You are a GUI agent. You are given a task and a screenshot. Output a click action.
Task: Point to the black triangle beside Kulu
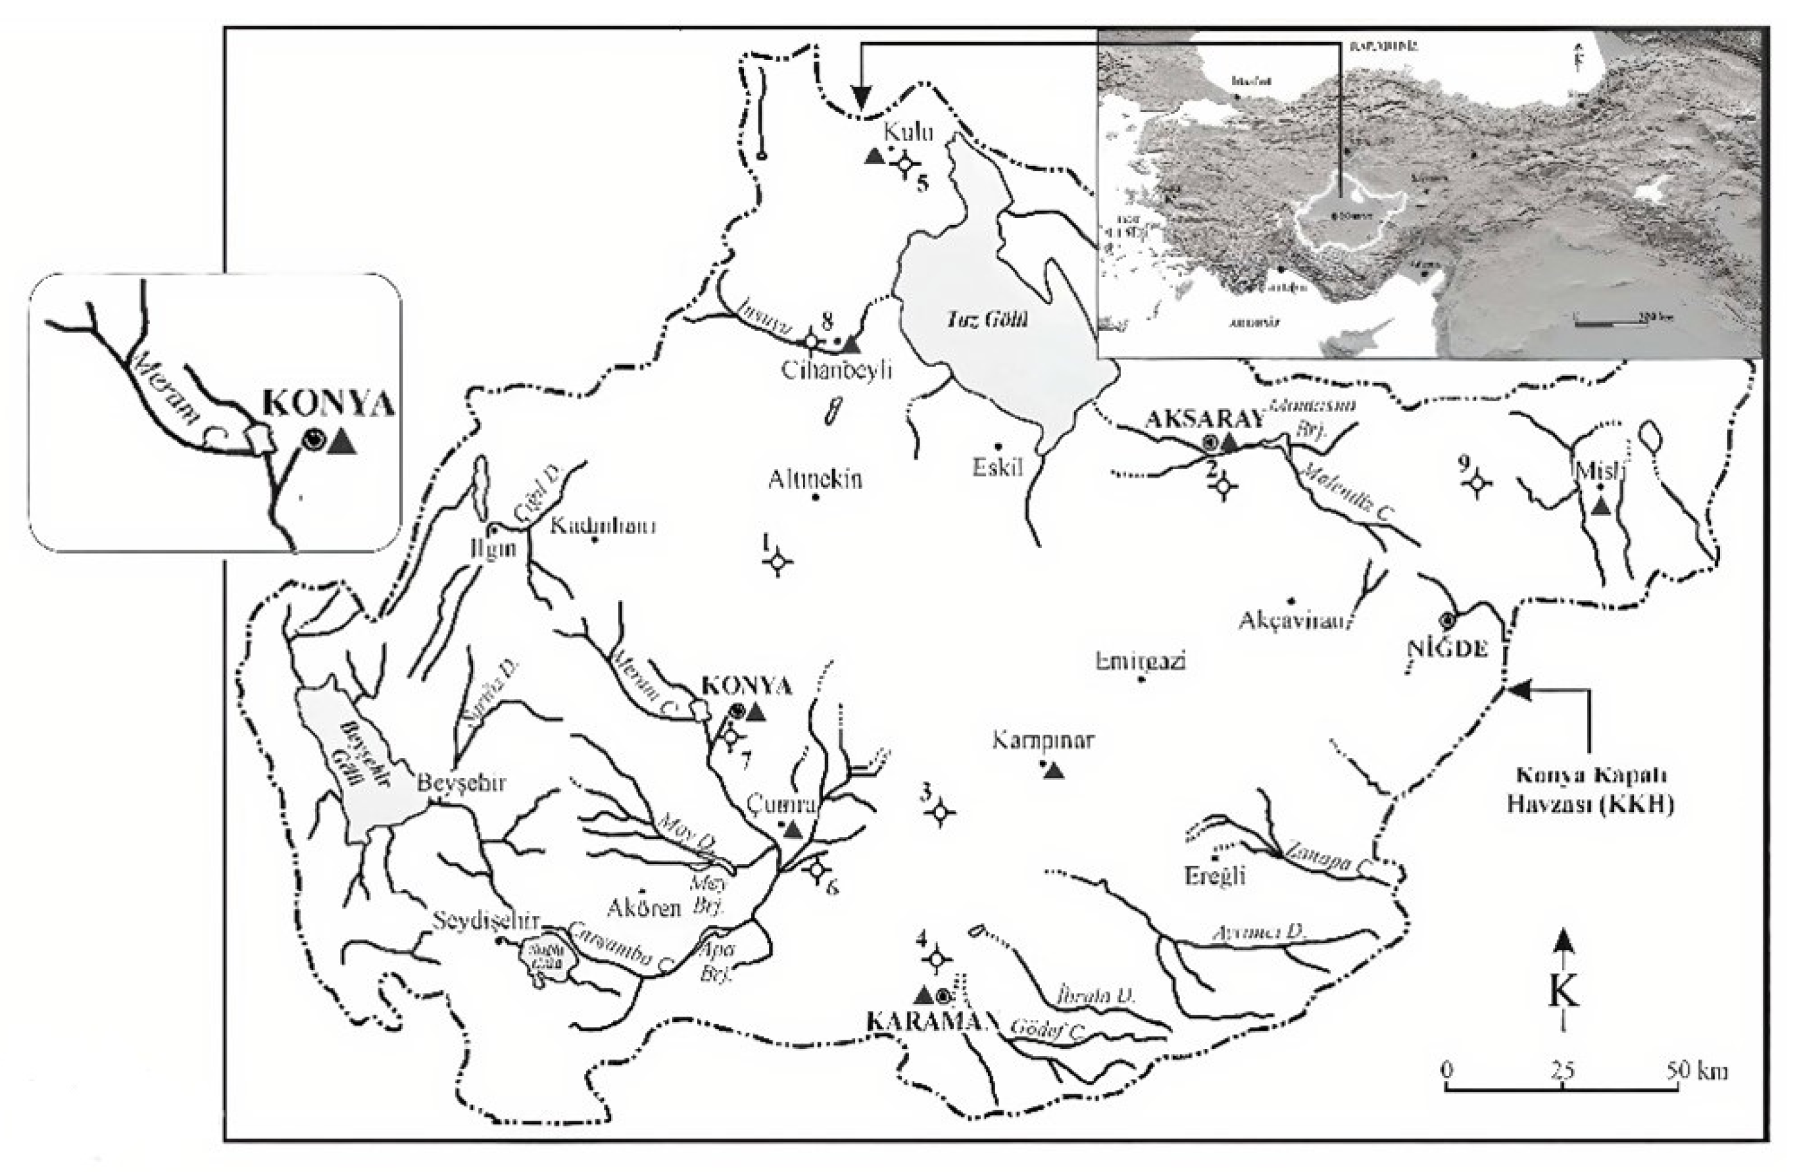tap(875, 157)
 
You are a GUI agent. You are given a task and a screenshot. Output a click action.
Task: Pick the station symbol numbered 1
tap(779, 562)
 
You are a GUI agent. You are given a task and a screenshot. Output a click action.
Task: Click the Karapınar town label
tap(1043, 741)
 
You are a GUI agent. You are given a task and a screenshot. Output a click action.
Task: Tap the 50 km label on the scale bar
tap(1696, 1071)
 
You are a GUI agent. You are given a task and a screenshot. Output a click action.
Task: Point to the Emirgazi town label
tap(1141, 661)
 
